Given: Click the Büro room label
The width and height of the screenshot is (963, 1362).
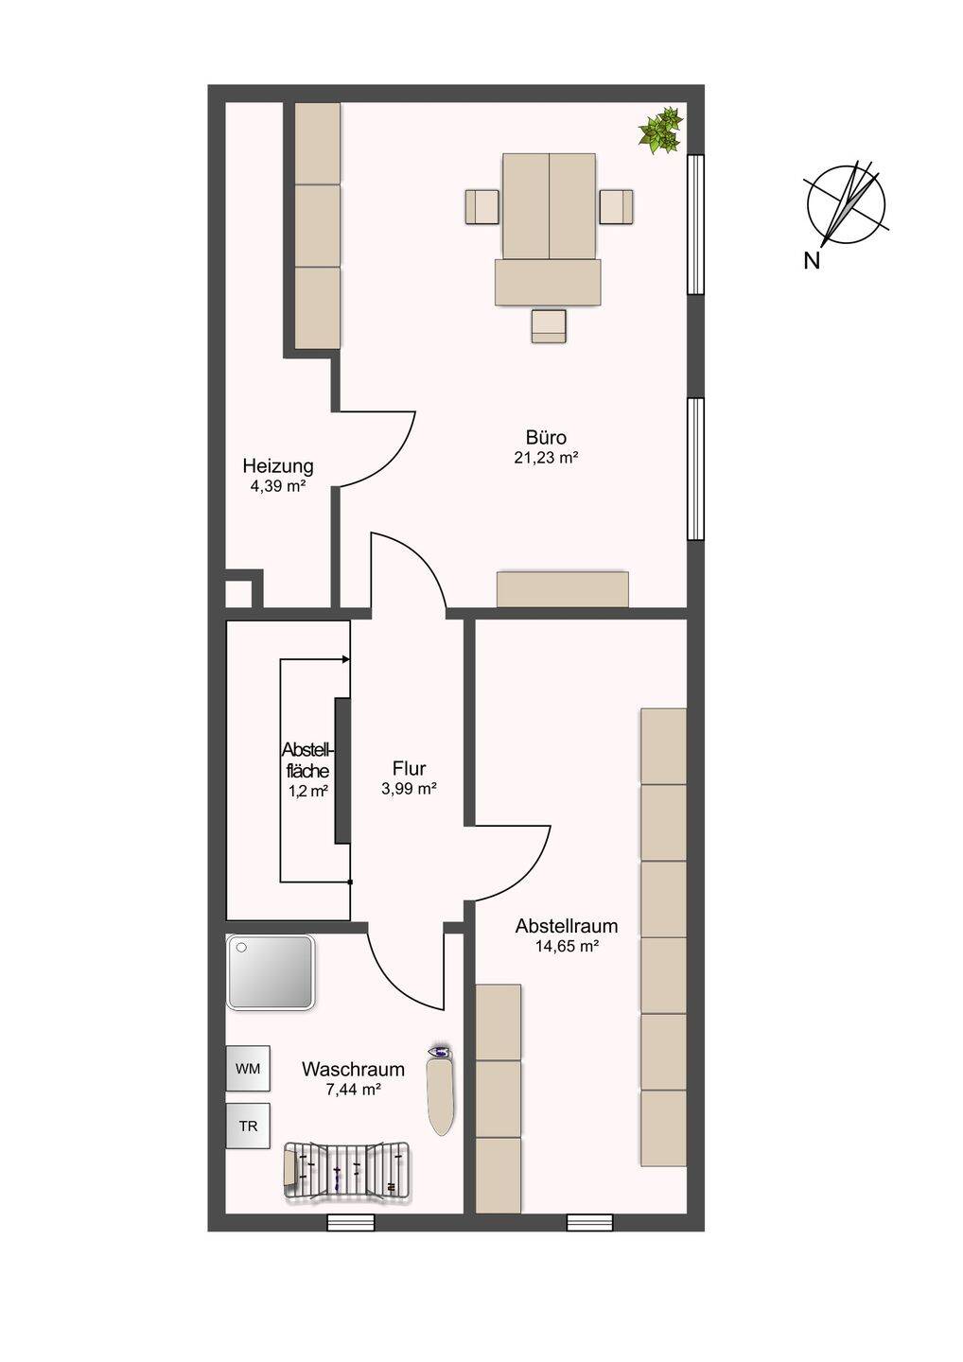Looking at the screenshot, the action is [x=546, y=437].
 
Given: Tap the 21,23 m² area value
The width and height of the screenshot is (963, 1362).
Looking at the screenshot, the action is [x=545, y=458].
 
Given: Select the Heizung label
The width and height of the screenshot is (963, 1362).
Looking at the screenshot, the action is [x=278, y=466].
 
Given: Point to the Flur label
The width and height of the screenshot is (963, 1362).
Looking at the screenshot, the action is [x=410, y=768].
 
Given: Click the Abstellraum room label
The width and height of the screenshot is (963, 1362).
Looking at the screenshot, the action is [x=567, y=926].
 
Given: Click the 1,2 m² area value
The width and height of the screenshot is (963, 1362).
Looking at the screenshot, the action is [x=308, y=791].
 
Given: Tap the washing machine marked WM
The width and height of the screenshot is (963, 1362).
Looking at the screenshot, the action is [x=248, y=1069].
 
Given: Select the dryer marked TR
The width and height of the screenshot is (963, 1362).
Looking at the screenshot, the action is [x=248, y=1126].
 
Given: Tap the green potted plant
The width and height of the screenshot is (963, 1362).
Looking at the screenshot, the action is [x=661, y=131].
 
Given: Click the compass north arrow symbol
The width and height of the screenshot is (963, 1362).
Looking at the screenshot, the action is [x=846, y=203].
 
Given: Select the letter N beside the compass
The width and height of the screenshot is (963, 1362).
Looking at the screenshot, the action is [x=812, y=261].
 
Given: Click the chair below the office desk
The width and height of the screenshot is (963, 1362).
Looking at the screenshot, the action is [x=549, y=326].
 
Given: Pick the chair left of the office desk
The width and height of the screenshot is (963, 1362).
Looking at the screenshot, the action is [x=482, y=207].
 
